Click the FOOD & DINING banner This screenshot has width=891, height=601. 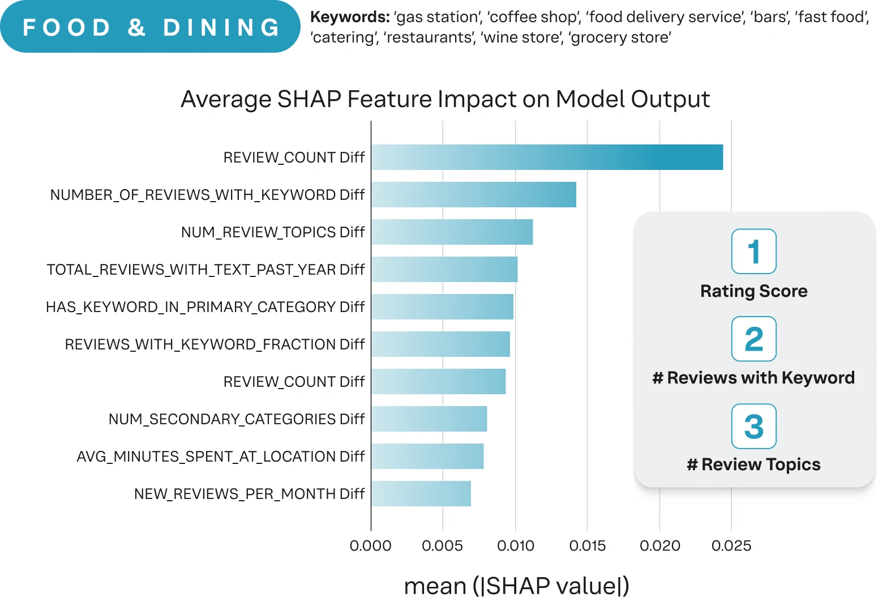coord(150,26)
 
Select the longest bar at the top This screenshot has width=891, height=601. coord(547,157)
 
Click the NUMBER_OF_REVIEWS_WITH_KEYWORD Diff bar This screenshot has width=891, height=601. coord(474,195)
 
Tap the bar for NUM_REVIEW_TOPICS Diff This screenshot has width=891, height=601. coord(452,232)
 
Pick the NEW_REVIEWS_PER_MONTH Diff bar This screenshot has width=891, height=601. coord(421,493)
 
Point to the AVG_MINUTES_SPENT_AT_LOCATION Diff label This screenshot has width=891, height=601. coord(220,457)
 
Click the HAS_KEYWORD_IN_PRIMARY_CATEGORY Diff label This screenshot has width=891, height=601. coord(205,307)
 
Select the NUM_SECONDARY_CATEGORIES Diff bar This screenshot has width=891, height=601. coord(429,419)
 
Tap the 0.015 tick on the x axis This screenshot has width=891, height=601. coord(588,545)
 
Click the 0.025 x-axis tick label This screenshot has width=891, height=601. coord(731,545)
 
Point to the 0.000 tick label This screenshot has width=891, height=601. coord(371,545)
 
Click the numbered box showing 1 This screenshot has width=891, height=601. coord(754,251)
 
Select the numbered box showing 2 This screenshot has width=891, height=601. coord(754,339)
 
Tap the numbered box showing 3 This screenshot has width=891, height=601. coord(754,427)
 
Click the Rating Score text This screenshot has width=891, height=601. coord(754,291)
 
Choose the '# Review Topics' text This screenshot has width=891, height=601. coord(754,464)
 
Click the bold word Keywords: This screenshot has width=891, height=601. coord(350,17)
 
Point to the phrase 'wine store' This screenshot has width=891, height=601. coord(522,37)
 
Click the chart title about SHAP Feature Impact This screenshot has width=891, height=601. coord(445,99)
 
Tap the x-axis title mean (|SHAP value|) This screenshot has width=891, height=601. coord(517,586)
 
